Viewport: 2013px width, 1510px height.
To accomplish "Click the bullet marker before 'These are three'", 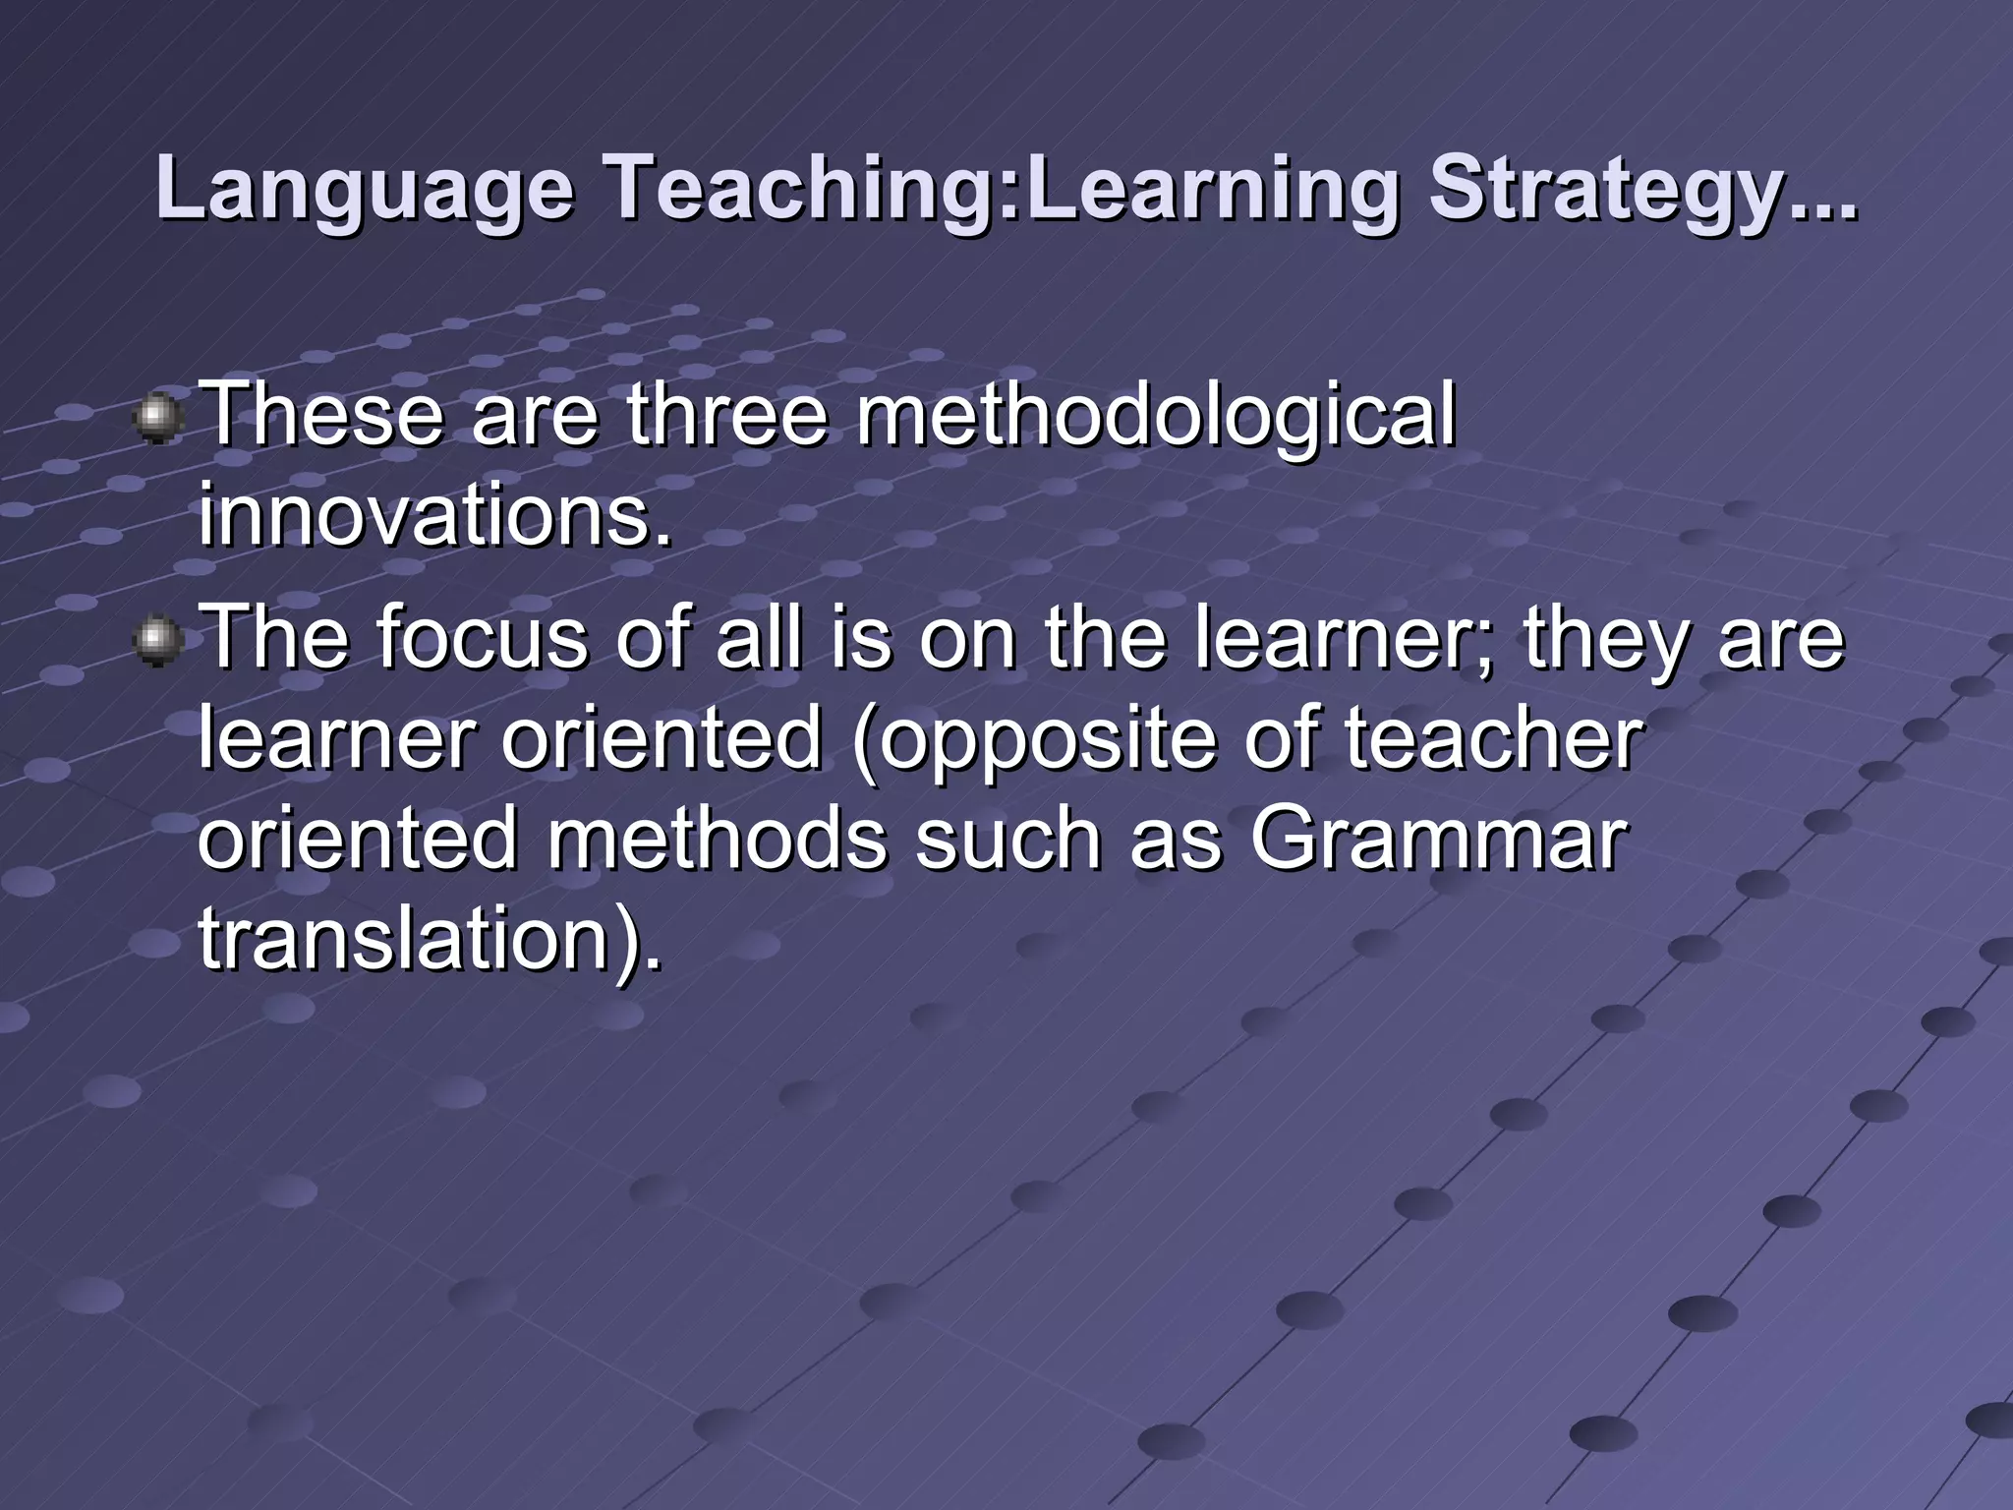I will pyautogui.click(x=156, y=420).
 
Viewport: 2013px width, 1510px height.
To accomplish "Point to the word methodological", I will pyautogui.click(x=1155, y=416).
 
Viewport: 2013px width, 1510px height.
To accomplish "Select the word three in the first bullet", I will pyautogui.click(x=727, y=416).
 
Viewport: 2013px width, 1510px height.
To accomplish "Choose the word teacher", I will pyautogui.click(x=1494, y=739).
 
